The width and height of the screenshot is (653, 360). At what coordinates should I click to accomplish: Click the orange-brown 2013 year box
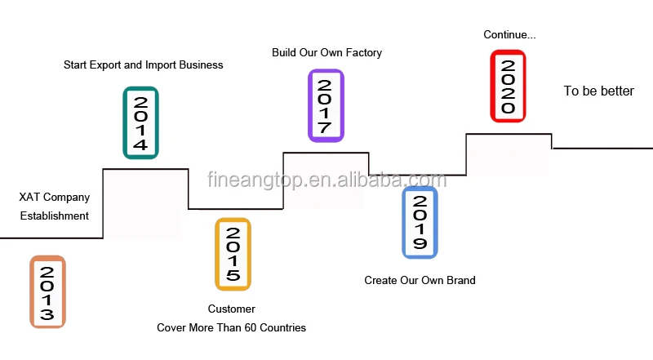click(x=47, y=292)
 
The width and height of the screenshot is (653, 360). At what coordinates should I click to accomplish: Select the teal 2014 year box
click(x=140, y=122)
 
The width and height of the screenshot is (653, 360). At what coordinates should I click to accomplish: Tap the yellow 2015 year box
click(x=233, y=254)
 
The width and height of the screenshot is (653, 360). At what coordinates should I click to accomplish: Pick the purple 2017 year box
click(x=325, y=105)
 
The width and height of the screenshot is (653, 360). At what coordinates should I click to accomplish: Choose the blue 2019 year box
click(x=420, y=222)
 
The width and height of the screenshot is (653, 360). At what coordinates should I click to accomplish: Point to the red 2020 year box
click(x=507, y=86)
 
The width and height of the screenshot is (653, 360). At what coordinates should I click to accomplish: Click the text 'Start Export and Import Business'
click(x=143, y=64)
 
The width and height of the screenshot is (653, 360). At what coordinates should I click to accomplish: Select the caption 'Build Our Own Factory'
click(x=326, y=52)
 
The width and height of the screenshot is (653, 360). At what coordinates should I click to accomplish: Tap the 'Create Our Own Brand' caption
click(x=420, y=280)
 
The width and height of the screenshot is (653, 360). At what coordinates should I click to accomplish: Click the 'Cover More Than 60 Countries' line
click(x=231, y=327)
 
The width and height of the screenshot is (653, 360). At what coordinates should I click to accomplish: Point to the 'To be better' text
click(x=598, y=91)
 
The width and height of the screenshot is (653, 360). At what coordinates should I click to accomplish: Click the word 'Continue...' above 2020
click(x=509, y=34)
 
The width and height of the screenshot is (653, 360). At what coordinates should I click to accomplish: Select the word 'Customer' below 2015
click(x=231, y=309)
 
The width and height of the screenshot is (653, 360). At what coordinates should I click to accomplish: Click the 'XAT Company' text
click(x=55, y=197)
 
